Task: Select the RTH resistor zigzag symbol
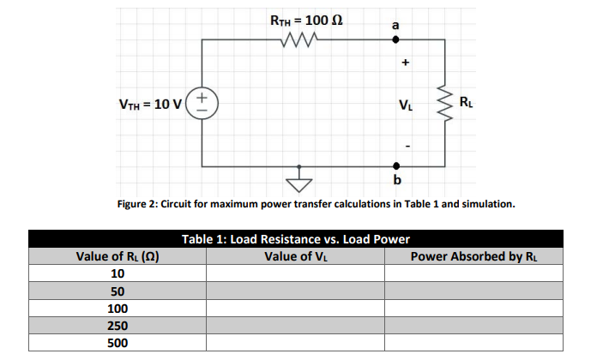pos(301,39)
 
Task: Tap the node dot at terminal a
pos(395,39)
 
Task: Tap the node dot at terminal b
pos(395,165)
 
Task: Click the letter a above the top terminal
pos(395,25)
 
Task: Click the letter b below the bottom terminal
pos(396,181)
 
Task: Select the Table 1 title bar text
pos(295,239)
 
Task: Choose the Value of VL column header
pos(294,256)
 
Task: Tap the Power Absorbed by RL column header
pos(473,256)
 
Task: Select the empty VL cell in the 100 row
pos(294,309)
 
